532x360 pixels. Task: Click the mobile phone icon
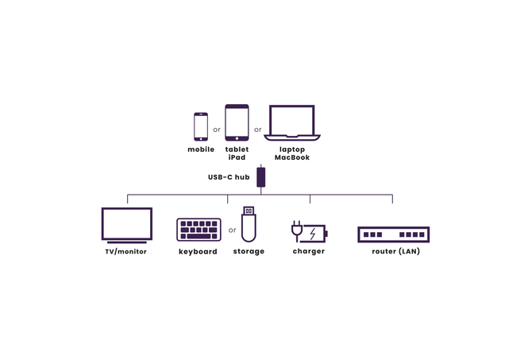pos(201,126)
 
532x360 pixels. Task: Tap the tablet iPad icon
pos(237,123)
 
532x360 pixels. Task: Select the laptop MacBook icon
pos(292,123)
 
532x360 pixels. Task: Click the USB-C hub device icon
pos(260,176)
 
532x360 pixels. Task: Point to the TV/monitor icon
pos(126,224)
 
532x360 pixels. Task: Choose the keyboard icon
pos(199,230)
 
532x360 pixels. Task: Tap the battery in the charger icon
pos(315,234)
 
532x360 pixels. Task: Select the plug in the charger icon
pos(297,230)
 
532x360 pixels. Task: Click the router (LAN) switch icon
pos(393,234)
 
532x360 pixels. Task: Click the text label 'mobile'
pos(201,149)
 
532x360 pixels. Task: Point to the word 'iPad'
pos(237,157)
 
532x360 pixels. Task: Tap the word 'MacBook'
pos(292,157)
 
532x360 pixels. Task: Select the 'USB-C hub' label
pos(229,177)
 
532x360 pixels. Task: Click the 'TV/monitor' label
pos(126,252)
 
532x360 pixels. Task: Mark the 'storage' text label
pos(249,252)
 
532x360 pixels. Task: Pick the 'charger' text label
pos(308,252)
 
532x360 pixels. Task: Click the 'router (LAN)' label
pos(395,252)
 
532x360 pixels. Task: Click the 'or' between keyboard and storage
pos(232,230)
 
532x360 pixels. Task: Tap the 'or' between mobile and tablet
pos(217,129)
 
